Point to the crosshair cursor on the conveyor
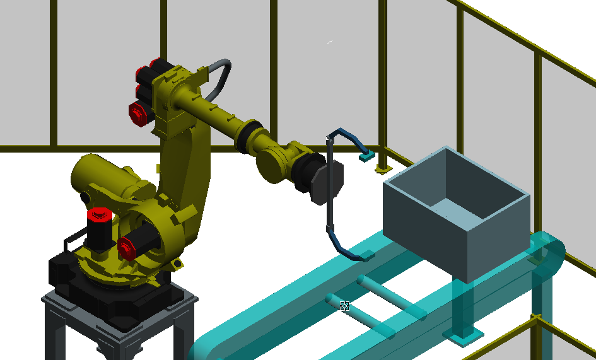[345, 306]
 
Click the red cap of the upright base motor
[99, 215]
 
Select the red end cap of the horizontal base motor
[126, 248]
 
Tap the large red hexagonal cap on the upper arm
[137, 113]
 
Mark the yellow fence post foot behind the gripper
[381, 169]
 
